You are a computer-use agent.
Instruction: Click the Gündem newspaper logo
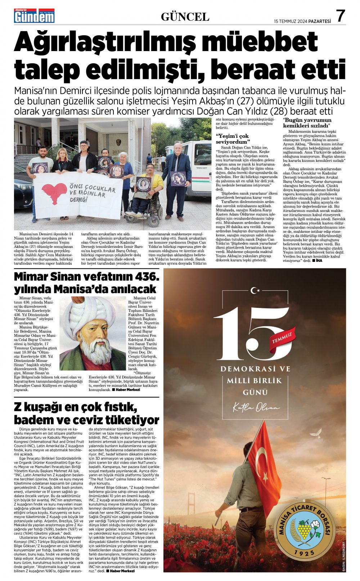click(x=34, y=16)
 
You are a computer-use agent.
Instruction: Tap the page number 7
click(x=340, y=16)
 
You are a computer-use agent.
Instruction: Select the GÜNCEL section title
click(x=185, y=17)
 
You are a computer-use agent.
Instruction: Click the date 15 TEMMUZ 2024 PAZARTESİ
click(x=302, y=21)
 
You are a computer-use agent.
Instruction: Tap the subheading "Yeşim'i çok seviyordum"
click(x=232, y=139)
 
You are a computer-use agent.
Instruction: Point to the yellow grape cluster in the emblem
click(x=305, y=529)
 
